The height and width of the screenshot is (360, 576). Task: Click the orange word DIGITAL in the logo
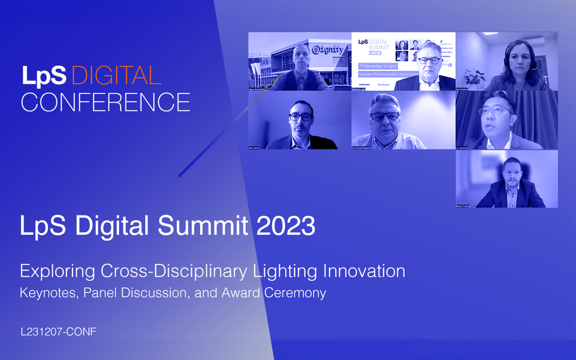(116, 76)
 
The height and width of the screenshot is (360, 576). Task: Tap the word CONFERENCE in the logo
(105, 102)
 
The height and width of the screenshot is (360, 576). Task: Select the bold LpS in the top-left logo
(45, 76)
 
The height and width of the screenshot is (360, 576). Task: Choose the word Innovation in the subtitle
(364, 271)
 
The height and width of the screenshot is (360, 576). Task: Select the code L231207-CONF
(58, 332)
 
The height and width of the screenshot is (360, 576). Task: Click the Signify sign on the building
(328, 49)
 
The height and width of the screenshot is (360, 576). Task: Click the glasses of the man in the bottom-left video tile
(301, 117)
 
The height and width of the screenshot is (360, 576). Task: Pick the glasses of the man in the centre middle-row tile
(385, 116)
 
